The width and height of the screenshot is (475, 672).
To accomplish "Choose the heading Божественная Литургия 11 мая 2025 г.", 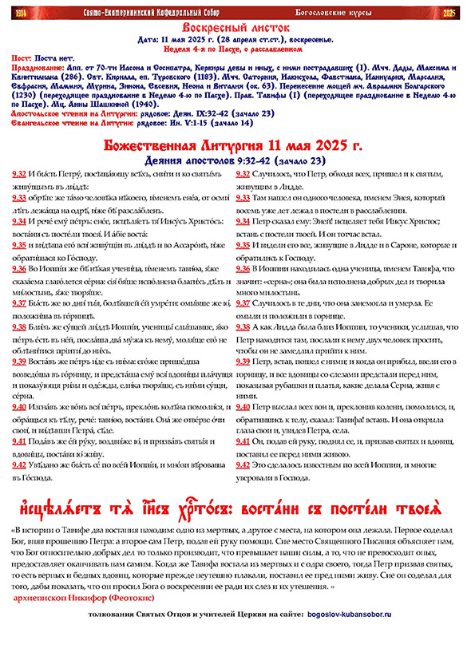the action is pos(236,147).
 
